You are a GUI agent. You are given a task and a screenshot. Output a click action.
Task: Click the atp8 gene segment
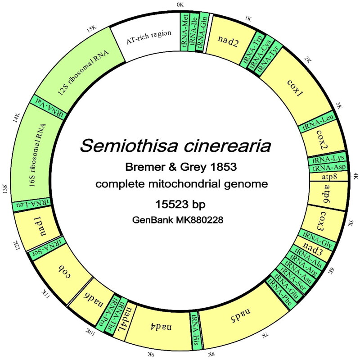[x=328, y=176]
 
